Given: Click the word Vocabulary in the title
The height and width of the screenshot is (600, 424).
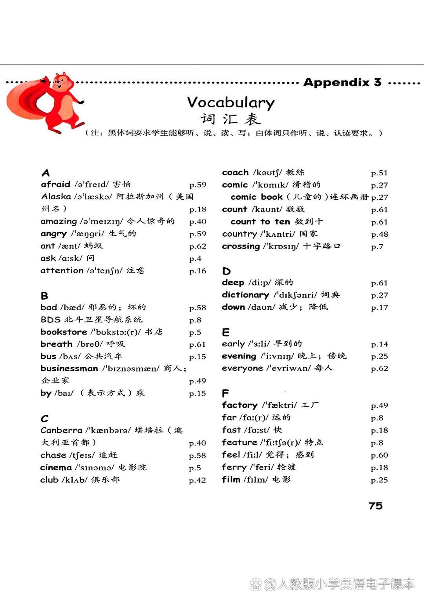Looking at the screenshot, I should [231, 103].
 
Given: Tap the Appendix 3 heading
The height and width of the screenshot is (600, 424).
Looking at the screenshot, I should [342, 82].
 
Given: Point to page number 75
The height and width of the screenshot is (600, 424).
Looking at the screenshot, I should [375, 506].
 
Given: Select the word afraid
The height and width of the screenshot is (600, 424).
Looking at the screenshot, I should [55, 184].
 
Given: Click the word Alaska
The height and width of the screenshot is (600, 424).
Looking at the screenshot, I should [56, 197].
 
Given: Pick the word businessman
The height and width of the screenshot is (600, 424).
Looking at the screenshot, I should [69, 368].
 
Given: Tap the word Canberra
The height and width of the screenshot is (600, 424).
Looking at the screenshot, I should [61, 430].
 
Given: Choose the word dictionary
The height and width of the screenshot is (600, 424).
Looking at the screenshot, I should [245, 295].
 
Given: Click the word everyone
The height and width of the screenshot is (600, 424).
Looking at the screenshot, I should [242, 368].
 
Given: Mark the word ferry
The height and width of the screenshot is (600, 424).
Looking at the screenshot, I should [234, 467].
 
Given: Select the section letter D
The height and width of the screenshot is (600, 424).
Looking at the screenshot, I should [226, 271].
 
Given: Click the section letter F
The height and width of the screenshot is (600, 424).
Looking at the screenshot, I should [225, 393].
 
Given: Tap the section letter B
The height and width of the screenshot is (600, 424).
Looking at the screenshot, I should [44, 296].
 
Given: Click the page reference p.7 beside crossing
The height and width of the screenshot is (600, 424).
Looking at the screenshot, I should [377, 247].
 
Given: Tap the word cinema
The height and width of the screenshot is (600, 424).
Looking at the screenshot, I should [56, 467].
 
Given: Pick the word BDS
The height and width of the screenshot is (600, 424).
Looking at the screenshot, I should [50, 320].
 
